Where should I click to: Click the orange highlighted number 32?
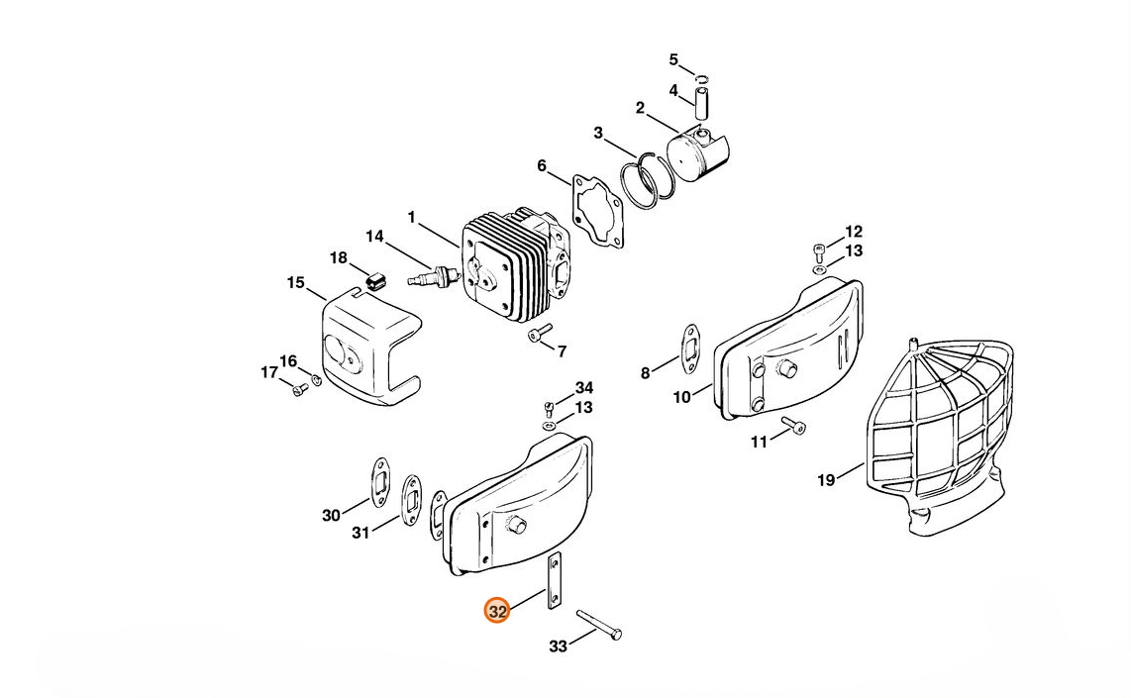pyautogui.click(x=497, y=611)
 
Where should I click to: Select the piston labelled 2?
pyautogui.click(x=697, y=152)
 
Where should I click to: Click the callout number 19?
pyautogui.click(x=826, y=479)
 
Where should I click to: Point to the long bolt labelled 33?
pyautogui.click(x=599, y=624)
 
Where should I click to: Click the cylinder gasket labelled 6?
pyautogui.click(x=597, y=208)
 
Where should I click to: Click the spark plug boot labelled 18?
pyautogui.click(x=374, y=280)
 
